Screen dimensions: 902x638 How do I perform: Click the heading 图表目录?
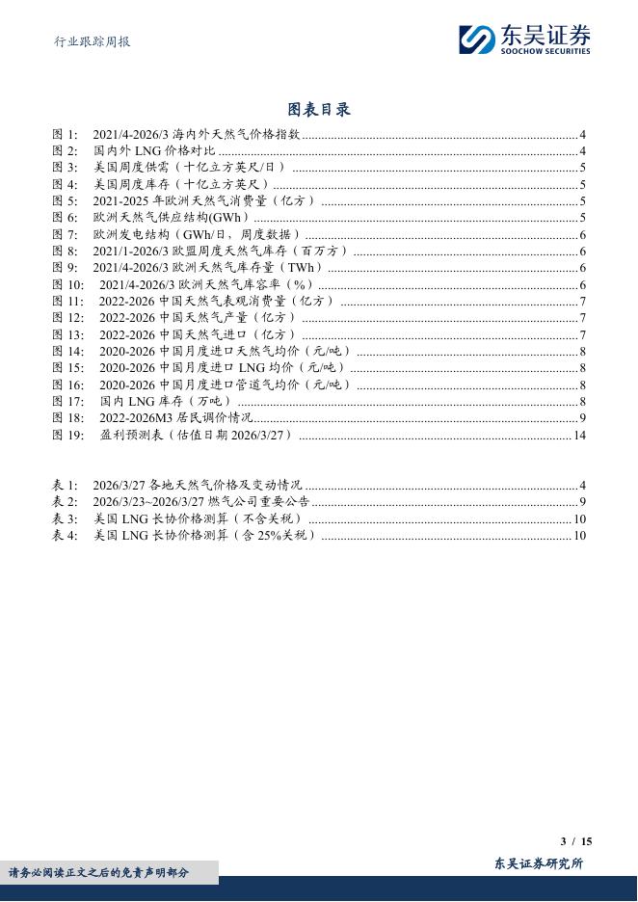[319, 109]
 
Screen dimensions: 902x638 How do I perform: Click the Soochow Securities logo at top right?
[524, 39]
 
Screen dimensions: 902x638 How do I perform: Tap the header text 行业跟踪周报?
[91, 41]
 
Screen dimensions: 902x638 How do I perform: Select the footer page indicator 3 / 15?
[576, 841]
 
